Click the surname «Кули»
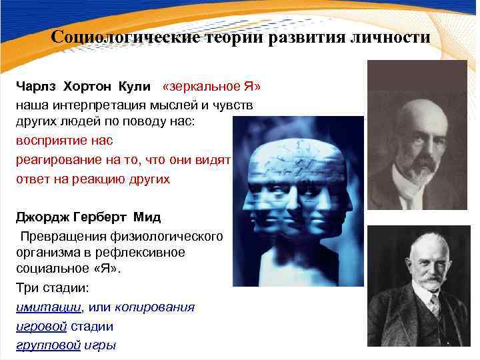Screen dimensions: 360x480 pos(135,87)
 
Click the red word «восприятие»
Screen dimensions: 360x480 pos(55,141)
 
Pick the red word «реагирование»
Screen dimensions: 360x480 pos(61,160)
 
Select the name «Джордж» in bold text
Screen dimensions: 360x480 pos(43,217)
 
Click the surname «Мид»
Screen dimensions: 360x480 pos(147,217)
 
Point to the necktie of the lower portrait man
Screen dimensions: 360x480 pos(434,307)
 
